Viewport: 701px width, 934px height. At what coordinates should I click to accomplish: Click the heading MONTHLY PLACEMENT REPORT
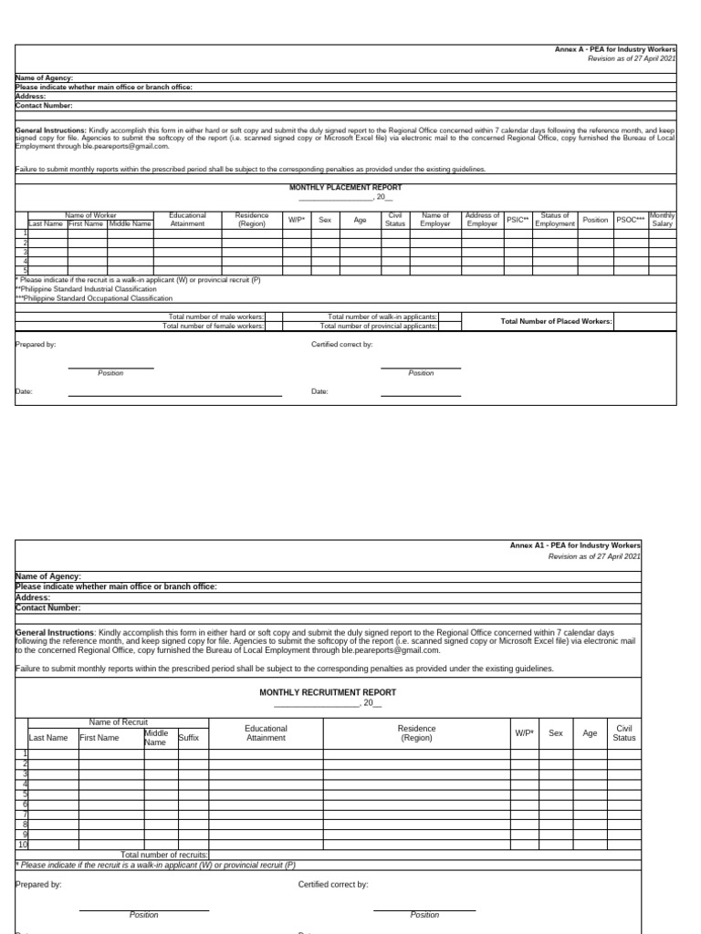345,187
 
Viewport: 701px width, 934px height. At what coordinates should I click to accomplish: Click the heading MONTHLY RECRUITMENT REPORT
328,692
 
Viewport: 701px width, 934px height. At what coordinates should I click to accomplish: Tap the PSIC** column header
518,220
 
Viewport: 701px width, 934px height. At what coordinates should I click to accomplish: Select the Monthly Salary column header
662,220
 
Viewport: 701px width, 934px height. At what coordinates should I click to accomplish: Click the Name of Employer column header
435,220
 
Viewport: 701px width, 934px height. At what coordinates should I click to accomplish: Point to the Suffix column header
188,737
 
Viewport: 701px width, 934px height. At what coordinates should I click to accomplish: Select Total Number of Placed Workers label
556,321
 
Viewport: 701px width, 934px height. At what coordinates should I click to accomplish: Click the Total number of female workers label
216,326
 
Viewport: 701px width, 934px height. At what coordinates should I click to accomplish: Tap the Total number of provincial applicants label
378,326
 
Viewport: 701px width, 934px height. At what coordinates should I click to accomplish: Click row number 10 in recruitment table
22,845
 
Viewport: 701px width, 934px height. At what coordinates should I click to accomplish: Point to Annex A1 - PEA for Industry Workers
575,545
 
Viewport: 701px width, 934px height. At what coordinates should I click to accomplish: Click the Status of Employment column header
555,220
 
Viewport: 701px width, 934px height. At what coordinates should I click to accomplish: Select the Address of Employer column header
482,220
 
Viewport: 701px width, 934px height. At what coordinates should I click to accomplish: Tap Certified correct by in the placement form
341,345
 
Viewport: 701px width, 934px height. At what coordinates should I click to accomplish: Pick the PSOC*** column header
630,220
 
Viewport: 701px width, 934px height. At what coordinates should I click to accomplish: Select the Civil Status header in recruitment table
624,732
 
